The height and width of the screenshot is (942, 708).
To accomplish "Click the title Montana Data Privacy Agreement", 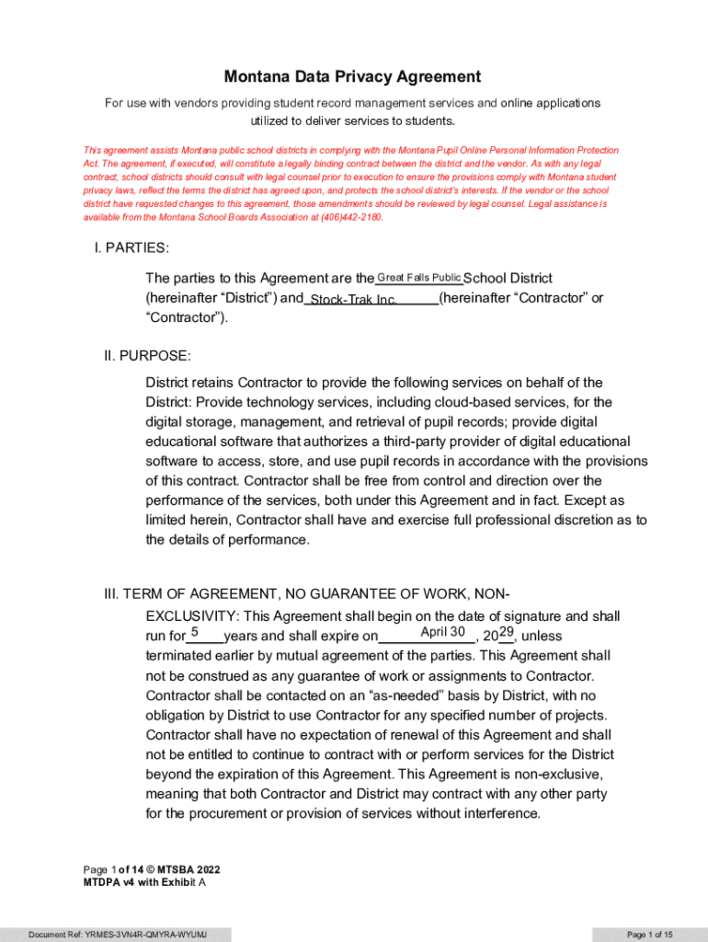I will click(x=353, y=77).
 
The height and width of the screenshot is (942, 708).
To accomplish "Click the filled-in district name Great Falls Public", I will click(x=419, y=278).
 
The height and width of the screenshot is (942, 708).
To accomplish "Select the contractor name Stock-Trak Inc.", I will click(x=354, y=300).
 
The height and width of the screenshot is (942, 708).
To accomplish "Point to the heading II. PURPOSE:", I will click(x=147, y=355).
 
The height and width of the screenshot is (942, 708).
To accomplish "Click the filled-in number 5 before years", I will click(x=195, y=633).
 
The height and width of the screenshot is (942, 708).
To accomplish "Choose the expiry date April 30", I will click(x=442, y=632).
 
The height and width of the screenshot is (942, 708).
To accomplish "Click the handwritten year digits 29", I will click(x=506, y=632).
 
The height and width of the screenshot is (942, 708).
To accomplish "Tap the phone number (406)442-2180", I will click(x=350, y=217).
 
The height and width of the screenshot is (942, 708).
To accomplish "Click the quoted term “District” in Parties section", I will click(x=237, y=298).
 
